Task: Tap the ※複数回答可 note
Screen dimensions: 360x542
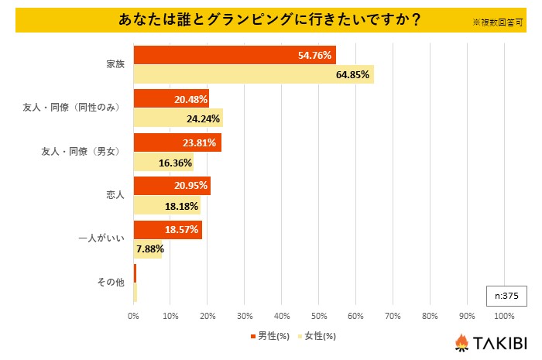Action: pos(499,23)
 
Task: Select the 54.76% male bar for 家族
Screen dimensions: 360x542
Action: pos(235,56)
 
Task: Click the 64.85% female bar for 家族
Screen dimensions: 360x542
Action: pos(253,74)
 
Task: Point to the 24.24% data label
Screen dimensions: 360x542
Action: pos(203,118)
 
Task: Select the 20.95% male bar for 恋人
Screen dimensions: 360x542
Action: pos(172,187)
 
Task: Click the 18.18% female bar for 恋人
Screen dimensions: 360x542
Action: pos(166,206)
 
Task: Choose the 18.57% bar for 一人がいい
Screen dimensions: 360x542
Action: pos(167,230)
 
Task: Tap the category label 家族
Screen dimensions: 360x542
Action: pos(115,64)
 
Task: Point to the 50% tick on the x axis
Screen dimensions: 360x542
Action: pos(318,316)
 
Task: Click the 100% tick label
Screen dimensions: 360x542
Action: pos(503,316)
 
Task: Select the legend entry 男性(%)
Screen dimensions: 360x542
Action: pos(270,336)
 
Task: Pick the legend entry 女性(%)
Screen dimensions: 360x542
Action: pos(317,336)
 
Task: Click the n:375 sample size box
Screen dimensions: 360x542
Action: pos(506,296)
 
